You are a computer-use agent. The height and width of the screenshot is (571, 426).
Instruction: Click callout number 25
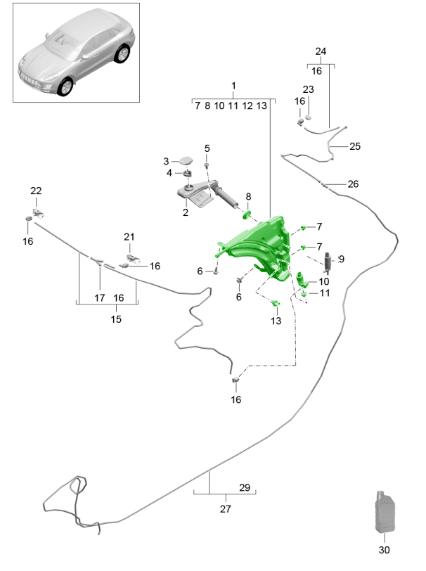click(354, 146)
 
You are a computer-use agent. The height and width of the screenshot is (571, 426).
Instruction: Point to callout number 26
click(352, 184)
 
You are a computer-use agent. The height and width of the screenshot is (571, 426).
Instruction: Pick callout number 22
click(36, 191)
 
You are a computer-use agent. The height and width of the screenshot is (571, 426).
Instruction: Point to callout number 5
click(207, 148)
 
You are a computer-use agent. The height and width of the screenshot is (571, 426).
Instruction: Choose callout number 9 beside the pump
click(342, 259)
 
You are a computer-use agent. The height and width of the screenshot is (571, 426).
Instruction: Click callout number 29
click(245, 487)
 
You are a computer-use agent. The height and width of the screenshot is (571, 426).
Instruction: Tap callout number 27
click(226, 508)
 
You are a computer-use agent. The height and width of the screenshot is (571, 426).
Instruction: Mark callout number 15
click(116, 319)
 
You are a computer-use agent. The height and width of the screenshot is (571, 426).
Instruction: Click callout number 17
click(100, 298)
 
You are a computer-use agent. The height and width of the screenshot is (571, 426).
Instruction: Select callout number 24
click(321, 51)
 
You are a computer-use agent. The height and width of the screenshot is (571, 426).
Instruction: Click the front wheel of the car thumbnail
click(65, 86)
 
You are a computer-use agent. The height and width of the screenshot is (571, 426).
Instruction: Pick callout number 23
click(308, 89)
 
